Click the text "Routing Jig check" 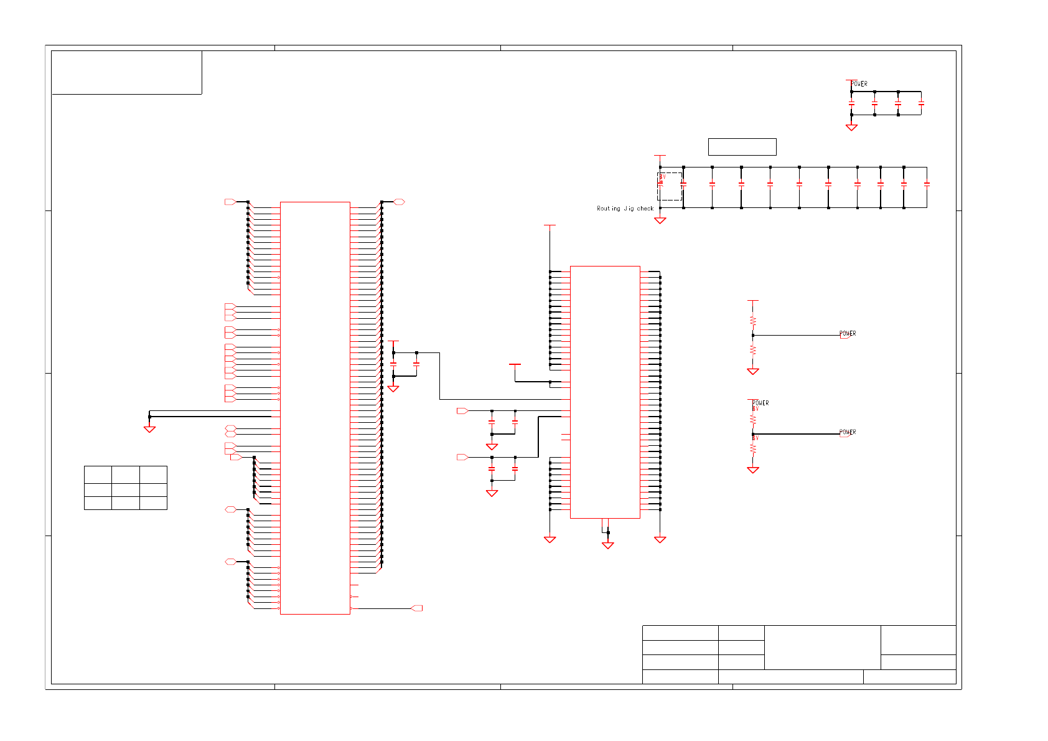pyautogui.click(x=625, y=209)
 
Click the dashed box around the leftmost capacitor pyautogui.click(x=670, y=186)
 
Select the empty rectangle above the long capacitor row pyautogui.click(x=742, y=147)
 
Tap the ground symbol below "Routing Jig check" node pyautogui.click(x=660, y=220)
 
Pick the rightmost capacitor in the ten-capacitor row pyautogui.click(x=927, y=184)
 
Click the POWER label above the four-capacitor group pyautogui.click(x=859, y=84)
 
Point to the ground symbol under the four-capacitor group pyautogui.click(x=851, y=127)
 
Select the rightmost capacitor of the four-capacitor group pyautogui.click(x=921, y=104)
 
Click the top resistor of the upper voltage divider pyautogui.click(x=753, y=321)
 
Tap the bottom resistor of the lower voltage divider pyautogui.click(x=753, y=448)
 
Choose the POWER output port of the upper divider pyautogui.click(x=846, y=335)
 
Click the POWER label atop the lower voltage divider pyautogui.click(x=760, y=403)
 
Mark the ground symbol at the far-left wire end pyautogui.click(x=149, y=429)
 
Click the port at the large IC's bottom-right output pyautogui.click(x=417, y=608)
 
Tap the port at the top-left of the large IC pyautogui.click(x=230, y=202)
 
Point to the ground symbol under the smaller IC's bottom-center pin pyautogui.click(x=608, y=545)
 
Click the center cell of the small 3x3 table pyautogui.click(x=126, y=490)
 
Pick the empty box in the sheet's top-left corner pyautogui.click(x=126, y=72)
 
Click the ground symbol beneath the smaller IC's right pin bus pyautogui.click(x=660, y=539)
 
